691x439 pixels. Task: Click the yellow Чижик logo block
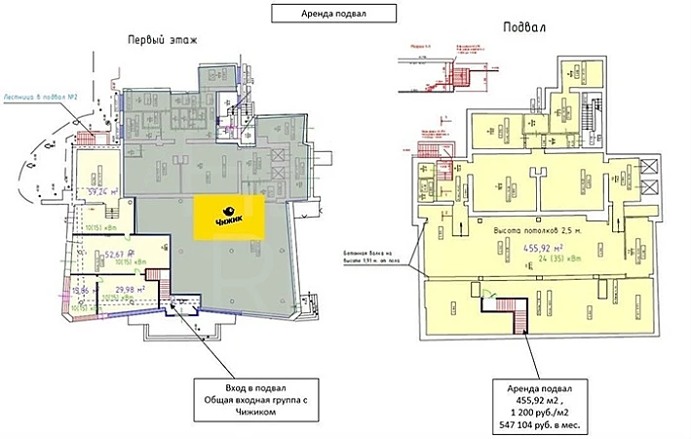tap(227, 216)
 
